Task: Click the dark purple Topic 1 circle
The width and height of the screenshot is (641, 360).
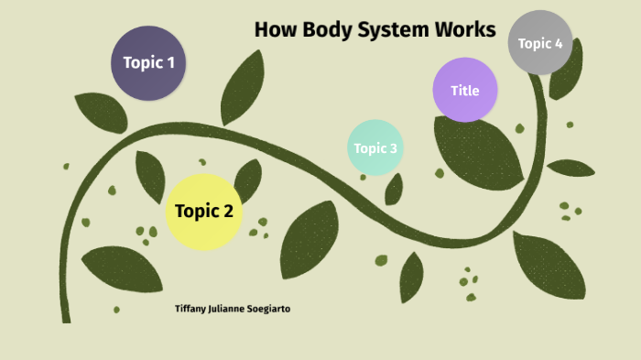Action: click(148, 63)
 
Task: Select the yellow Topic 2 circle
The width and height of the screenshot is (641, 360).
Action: click(203, 212)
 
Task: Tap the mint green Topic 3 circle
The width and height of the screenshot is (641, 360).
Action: click(375, 147)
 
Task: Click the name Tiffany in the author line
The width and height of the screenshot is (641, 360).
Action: click(191, 309)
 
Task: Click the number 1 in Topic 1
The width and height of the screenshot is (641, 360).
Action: click(169, 63)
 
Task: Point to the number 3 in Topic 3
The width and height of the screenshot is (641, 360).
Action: click(394, 148)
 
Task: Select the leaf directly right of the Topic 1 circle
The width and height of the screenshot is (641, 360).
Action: click(242, 87)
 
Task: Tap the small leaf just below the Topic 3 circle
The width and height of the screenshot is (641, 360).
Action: click(394, 189)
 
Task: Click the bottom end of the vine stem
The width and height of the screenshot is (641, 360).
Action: click(66, 316)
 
